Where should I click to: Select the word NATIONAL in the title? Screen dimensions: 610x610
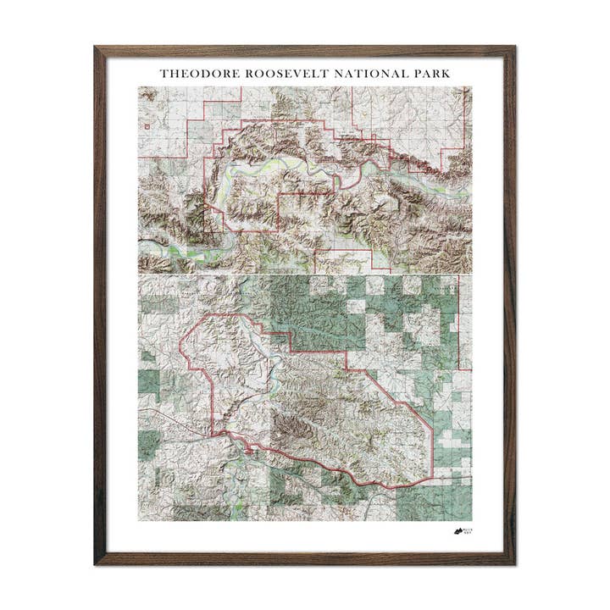pos(358,74)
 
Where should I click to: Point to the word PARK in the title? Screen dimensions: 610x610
pos(429,74)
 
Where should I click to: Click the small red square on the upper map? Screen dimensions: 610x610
pos(148,126)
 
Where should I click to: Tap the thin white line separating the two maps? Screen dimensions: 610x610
pos(305,274)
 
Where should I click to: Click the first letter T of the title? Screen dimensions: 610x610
pos(164,74)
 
